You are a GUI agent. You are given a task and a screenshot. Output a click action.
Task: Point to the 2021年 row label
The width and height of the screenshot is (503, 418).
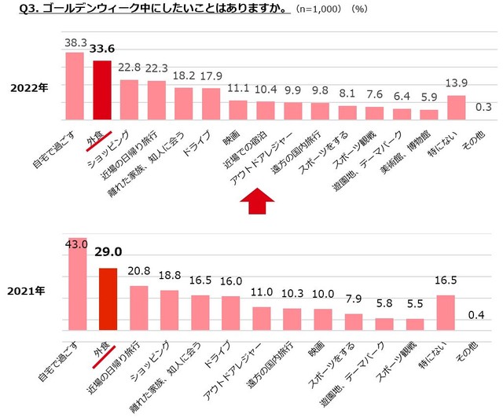click(28, 291)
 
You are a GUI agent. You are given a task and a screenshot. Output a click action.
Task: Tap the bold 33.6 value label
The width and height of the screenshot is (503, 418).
click(102, 49)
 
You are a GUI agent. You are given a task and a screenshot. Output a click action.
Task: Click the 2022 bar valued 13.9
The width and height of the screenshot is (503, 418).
click(457, 106)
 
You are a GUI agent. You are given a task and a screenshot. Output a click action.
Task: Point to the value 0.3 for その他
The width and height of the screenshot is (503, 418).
click(484, 107)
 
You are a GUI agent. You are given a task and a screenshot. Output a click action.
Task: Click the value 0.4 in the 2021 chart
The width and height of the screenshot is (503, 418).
click(475, 315)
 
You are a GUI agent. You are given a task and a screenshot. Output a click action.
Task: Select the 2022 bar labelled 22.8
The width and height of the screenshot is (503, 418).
click(129, 98)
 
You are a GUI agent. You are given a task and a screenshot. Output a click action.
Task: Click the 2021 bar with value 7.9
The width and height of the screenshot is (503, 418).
click(354, 321)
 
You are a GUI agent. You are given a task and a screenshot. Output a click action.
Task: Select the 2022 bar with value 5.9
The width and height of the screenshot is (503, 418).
click(429, 113)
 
